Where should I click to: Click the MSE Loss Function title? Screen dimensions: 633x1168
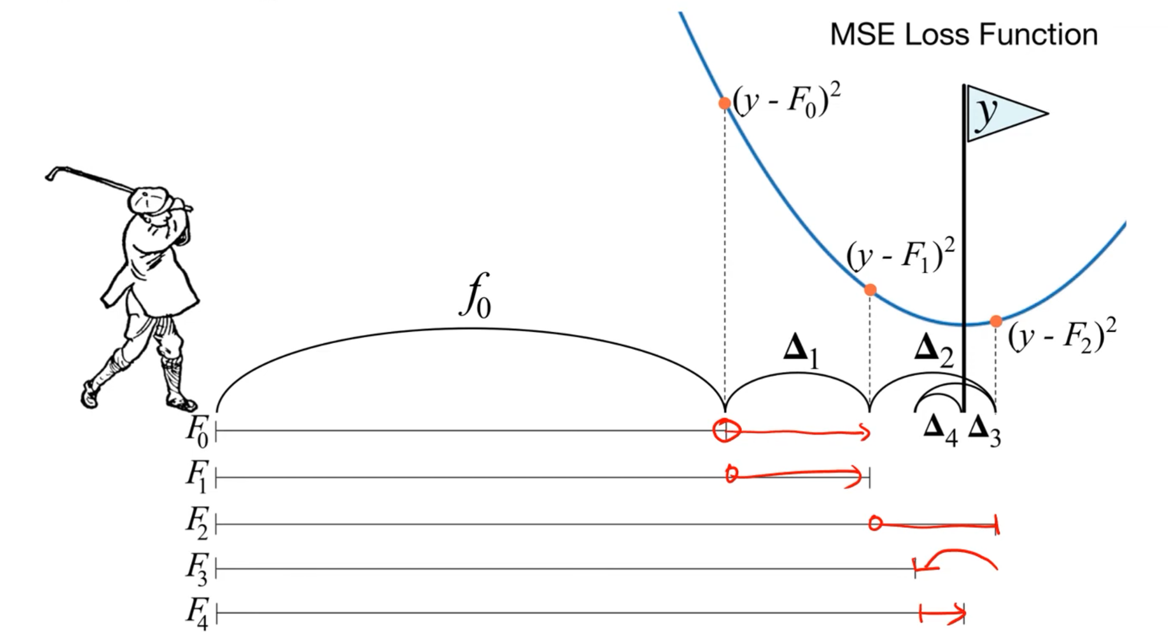(x=963, y=35)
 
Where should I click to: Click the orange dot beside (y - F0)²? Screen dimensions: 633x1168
(x=724, y=103)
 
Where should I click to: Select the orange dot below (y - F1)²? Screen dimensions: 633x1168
(x=870, y=290)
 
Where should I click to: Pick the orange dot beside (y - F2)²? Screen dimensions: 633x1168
(x=996, y=322)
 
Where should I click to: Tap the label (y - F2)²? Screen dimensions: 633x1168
(x=1062, y=335)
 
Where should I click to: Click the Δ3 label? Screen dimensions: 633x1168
(x=984, y=430)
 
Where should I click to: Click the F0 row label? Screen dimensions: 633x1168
(x=197, y=430)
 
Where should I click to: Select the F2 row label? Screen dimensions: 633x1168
(x=197, y=523)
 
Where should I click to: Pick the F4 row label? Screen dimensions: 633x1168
(x=197, y=614)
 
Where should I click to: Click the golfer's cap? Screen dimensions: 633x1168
(x=148, y=199)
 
